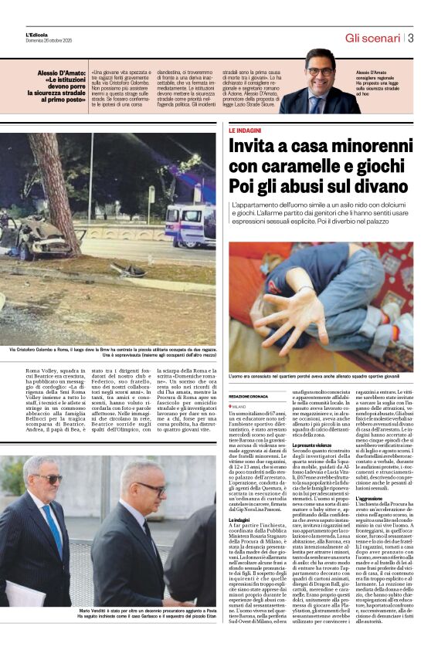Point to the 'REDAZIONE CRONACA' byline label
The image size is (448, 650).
249,394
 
